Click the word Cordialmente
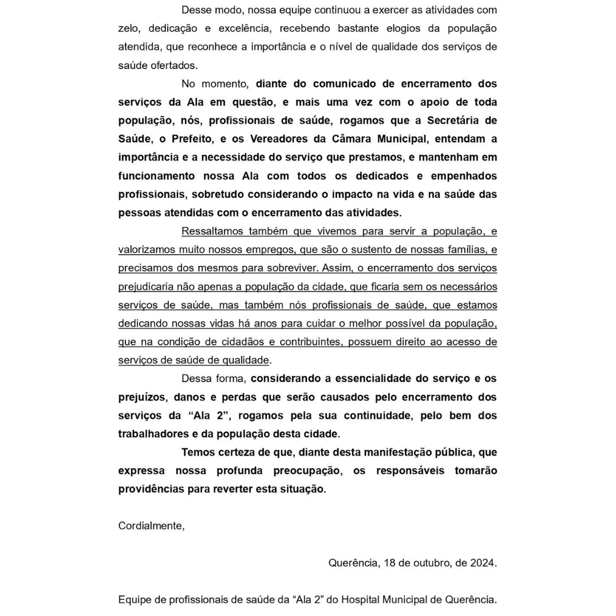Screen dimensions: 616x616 point(151,526)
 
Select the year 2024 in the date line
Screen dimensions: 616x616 point(483,563)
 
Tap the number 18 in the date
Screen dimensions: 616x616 point(390,563)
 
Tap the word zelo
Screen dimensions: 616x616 point(128,29)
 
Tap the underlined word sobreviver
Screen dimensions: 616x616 point(291,268)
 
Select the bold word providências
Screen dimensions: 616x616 point(150,489)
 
